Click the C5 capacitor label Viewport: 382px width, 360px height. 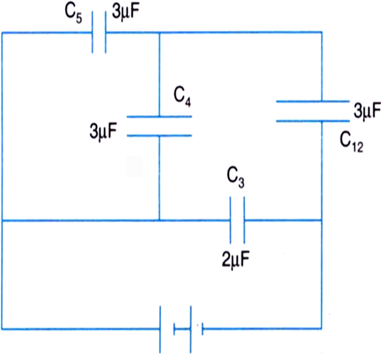(x=74, y=14)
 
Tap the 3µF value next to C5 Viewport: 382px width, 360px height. (x=126, y=12)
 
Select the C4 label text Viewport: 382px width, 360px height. (x=182, y=97)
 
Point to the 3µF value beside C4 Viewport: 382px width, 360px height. (x=104, y=131)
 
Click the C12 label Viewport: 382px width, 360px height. (x=351, y=143)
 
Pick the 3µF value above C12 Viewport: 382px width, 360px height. (x=367, y=111)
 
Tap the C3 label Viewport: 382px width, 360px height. (x=235, y=178)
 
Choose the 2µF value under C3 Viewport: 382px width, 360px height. (x=235, y=260)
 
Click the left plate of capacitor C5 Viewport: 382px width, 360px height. (x=93, y=32)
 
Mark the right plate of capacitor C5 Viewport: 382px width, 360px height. (x=106, y=32)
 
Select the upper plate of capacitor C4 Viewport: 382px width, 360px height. (x=160, y=117)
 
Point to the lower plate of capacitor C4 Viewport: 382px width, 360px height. (x=160, y=136)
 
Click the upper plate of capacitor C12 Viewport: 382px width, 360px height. (x=313, y=101)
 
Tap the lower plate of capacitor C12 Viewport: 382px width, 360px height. (x=313, y=121)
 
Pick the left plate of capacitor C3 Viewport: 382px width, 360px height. (x=230, y=220)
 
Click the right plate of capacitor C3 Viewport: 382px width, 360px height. (x=244, y=220)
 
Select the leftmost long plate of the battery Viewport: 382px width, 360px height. (x=160, y=329)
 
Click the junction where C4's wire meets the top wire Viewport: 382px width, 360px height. (x=160, y=32)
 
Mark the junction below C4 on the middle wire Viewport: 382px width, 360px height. (x=160, y=220)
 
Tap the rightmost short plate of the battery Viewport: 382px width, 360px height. (x=203, y=329)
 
